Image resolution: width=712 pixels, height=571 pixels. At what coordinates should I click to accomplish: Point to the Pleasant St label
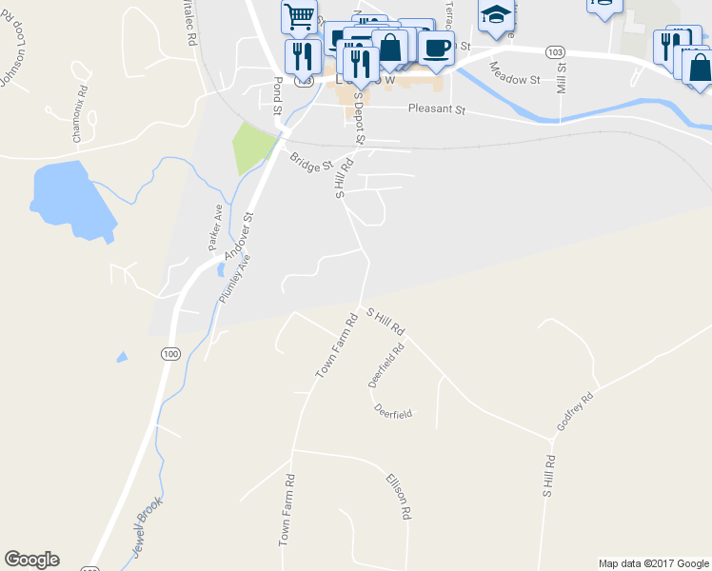click(436, 110)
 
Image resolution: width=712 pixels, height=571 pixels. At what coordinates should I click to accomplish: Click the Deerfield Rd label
click(386, 365)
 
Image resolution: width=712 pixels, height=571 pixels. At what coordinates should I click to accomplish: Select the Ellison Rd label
click(399, 496)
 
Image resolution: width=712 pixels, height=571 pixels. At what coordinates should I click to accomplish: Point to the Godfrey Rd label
click(575, 410)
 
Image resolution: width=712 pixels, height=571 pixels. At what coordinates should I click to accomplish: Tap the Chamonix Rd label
click(80, 114)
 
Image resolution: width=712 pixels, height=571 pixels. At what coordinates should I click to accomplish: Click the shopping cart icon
click(299, 16)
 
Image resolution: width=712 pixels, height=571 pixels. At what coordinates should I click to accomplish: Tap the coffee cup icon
click(437, 49)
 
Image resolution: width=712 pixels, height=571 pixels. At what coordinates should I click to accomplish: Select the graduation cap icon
click(495, 14)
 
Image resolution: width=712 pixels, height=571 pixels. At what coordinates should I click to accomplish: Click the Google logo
click(31, 560)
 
